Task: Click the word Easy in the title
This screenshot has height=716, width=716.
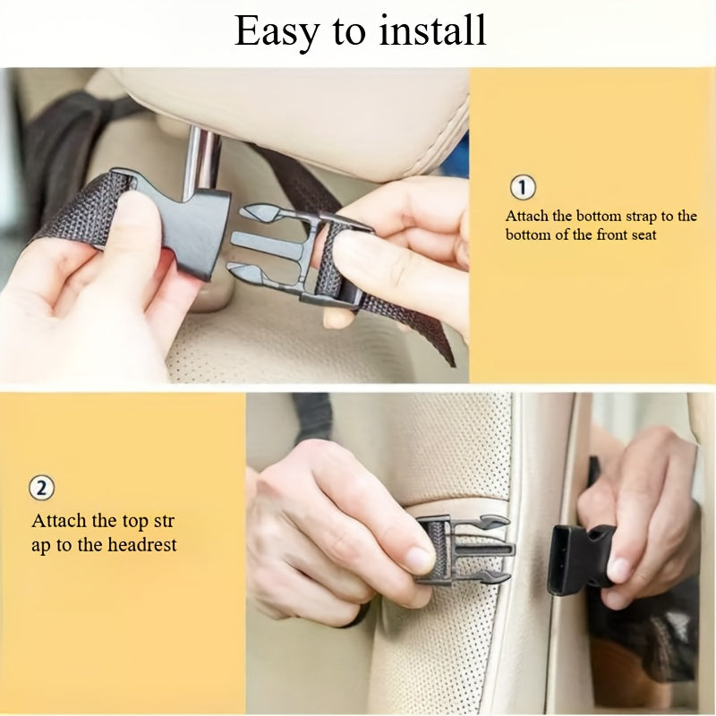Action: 275,31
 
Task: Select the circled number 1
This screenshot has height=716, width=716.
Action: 523,188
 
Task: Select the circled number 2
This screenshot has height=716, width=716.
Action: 42,489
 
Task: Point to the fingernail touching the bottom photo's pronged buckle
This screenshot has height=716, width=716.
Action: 419,559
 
